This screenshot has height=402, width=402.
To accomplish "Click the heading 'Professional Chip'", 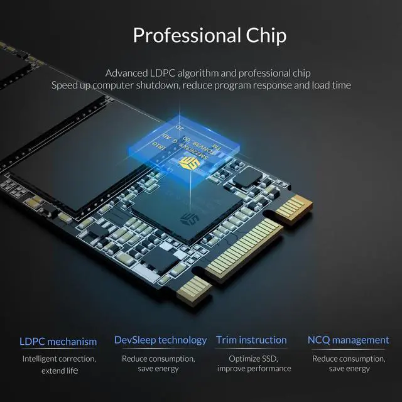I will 209,35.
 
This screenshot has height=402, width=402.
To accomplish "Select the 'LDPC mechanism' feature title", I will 58,342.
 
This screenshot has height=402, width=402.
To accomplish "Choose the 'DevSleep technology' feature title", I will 160,340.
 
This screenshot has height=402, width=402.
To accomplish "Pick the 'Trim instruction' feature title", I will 251,340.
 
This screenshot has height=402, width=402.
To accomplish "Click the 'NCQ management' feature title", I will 348,340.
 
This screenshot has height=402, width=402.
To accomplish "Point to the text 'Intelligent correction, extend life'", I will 59,364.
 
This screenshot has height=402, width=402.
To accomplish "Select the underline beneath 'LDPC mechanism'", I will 58,350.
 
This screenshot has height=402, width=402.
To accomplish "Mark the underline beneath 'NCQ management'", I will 348,349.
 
